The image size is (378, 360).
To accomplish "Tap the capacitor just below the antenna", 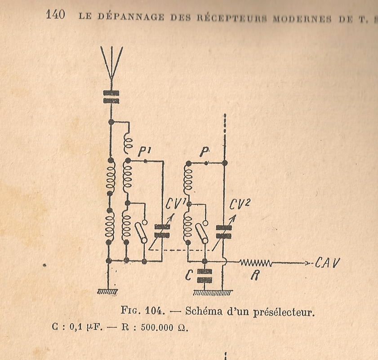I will click(111, 97).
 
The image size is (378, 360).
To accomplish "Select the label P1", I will click(143, 153).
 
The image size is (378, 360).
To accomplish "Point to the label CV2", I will click(240, 205).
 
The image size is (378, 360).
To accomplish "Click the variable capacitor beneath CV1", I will click(162, 231).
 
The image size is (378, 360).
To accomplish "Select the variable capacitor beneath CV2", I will click(224, 232).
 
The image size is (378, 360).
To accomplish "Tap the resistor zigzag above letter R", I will click(255, 262).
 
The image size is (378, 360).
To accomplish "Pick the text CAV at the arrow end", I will click(328, 262).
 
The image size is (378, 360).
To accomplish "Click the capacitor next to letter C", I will click(205, 275).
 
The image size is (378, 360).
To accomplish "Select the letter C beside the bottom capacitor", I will click(189, 274).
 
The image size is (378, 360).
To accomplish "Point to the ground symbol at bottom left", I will click(108, 292).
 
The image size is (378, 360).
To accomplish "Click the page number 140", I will click(55, 15).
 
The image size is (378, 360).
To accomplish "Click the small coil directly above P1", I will click(127, 143).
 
